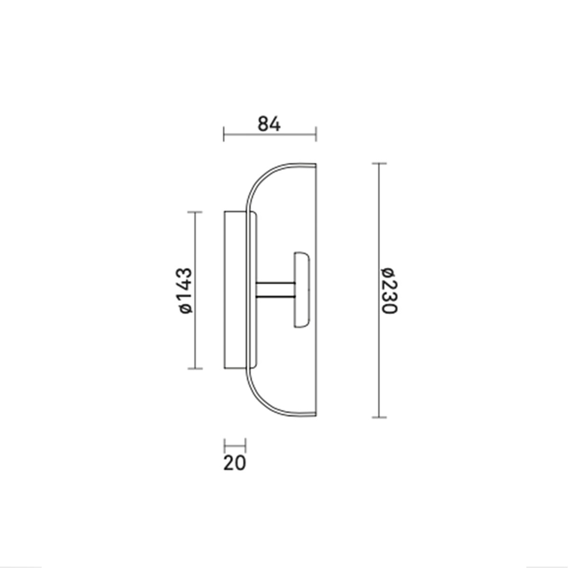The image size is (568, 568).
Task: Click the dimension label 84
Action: click(x=269, y=124)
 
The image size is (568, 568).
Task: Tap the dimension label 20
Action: click(x=235, y=463)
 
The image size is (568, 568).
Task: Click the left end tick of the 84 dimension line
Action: click(x=224, y=134)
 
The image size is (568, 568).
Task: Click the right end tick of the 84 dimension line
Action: click(x=316, y=134)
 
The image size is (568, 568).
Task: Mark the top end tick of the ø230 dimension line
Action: click(x=379, y=163)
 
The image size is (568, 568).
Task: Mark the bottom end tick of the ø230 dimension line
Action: click(x=379, y=417)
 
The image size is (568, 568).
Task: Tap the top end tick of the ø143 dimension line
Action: click(x=195, y=212)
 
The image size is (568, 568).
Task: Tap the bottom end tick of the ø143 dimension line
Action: click(x=195, y=368)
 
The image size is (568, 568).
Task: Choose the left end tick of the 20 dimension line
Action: click(x=224, y=445)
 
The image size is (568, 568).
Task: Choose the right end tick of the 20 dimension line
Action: click(x=246, y=445)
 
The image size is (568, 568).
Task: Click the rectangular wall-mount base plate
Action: click(x=235, y=290)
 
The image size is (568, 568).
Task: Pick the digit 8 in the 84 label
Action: click(x=264, y=124)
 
